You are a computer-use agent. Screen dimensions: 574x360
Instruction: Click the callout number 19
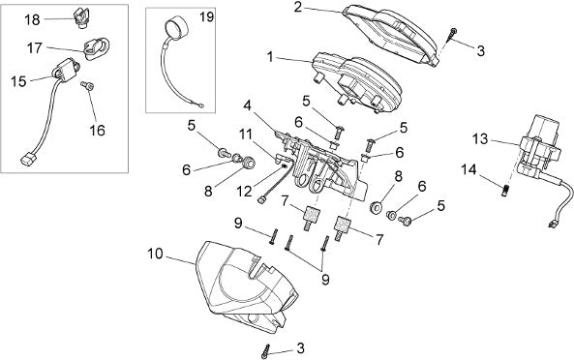point(207,16)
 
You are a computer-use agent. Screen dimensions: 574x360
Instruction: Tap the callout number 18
point(32,19)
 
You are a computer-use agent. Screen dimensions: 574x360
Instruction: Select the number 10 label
point(155,254)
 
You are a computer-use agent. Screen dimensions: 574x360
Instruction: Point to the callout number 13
point(480,139)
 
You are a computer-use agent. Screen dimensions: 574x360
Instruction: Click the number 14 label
point(468,169)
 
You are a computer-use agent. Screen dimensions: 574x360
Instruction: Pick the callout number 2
point(298,7)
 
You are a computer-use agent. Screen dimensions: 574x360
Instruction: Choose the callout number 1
point(270,57)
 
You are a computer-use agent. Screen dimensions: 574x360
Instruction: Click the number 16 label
point(98,131)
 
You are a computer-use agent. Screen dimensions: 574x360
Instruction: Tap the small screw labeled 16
point(87,85)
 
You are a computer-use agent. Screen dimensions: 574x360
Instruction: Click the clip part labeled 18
point(80,17)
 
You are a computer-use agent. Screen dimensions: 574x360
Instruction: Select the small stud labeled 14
point(505,191)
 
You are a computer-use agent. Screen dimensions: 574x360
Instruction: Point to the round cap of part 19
point(175,27)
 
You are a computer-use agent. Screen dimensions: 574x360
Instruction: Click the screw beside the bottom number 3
point(266,351)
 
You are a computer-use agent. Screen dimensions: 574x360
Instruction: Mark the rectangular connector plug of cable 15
point(28,160)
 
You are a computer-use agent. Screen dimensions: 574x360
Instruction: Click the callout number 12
point(244,191)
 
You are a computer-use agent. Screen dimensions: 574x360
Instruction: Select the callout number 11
point(246,135)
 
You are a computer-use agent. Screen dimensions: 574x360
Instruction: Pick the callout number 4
point(248,106)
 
